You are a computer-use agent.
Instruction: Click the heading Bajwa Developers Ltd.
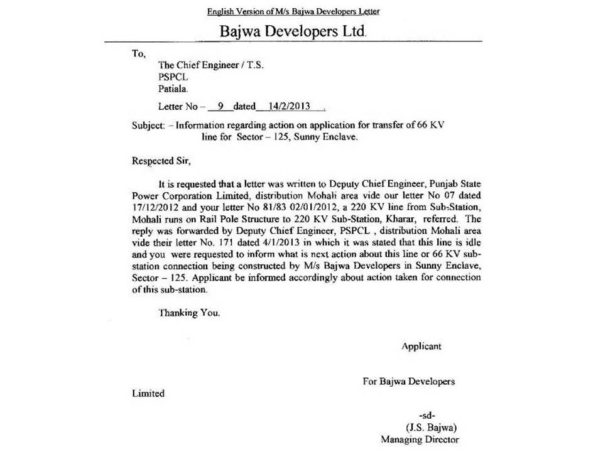click(293, 31)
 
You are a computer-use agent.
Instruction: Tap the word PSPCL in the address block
click(173, 77)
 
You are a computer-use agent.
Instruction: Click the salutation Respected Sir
click(160, 160)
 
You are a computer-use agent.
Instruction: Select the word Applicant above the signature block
click(421, 346)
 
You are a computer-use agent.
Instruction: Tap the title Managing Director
click(420, 439)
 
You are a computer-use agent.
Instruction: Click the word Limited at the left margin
click(148, 394)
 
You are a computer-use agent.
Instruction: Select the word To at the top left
click(138, 53)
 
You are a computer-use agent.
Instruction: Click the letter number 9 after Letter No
click(220, 107)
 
